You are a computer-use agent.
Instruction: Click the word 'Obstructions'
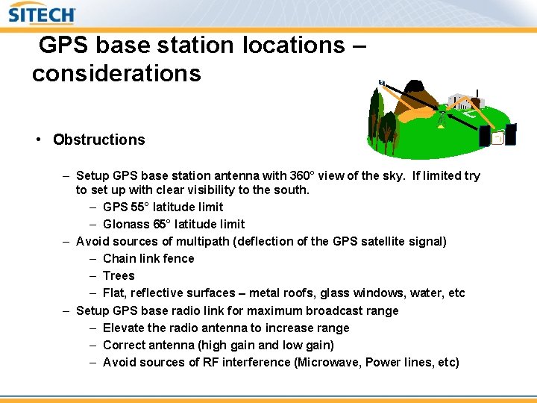pyautogui.click(x=98, y=140)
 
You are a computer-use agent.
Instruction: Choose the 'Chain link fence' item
pyautogui.click(x=148, y=258)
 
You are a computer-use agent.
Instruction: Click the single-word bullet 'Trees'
pyautogui.click(x=119, y=275)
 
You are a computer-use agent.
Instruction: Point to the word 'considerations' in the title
pyautogui.click(x=116, y=73)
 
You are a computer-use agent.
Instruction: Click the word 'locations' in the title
pyautogui.click(x=292, y=46)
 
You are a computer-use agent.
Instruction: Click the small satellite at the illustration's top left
pyautogui.click(x=382, y=82)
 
